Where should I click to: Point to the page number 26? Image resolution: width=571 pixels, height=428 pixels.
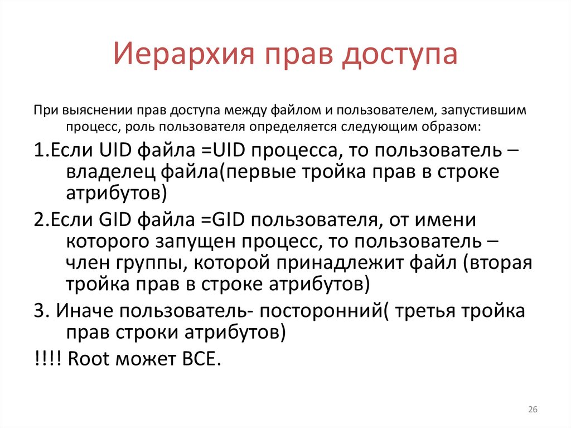point(532,410)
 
